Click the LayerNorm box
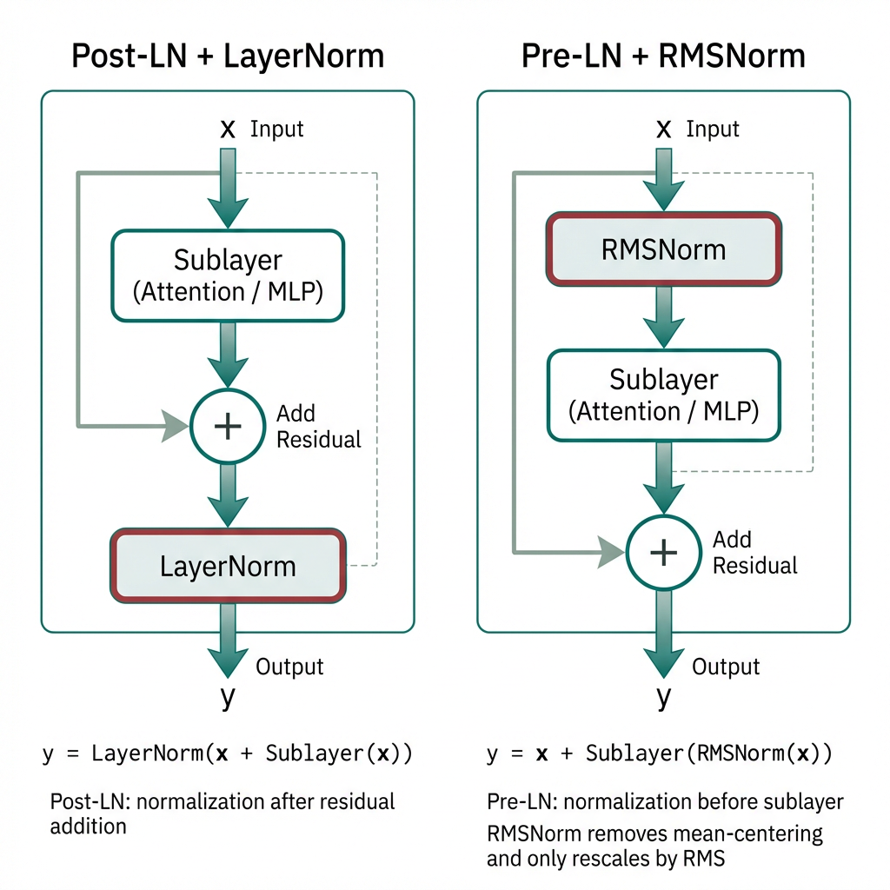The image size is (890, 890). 228,567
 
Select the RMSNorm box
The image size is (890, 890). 663,249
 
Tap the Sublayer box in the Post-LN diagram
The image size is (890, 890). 228,276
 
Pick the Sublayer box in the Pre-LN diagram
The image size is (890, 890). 663,395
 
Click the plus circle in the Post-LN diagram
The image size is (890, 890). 228,425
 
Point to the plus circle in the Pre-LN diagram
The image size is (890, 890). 663,552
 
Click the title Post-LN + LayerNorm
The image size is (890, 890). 228,56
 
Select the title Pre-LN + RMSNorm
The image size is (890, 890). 663,56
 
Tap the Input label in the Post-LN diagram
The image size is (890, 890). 276,130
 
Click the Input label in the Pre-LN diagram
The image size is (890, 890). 713,130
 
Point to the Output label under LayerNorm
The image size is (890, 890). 289,667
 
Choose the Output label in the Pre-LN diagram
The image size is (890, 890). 726,667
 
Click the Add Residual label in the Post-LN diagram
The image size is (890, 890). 318,426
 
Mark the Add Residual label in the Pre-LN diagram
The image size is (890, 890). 754,553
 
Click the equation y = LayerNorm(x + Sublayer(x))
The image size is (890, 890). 228,754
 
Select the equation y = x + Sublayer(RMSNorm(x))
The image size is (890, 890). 660,754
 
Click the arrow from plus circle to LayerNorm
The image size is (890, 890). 228,495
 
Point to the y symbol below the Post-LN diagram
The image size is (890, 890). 227,697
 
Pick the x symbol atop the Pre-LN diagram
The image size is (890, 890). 664,130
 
